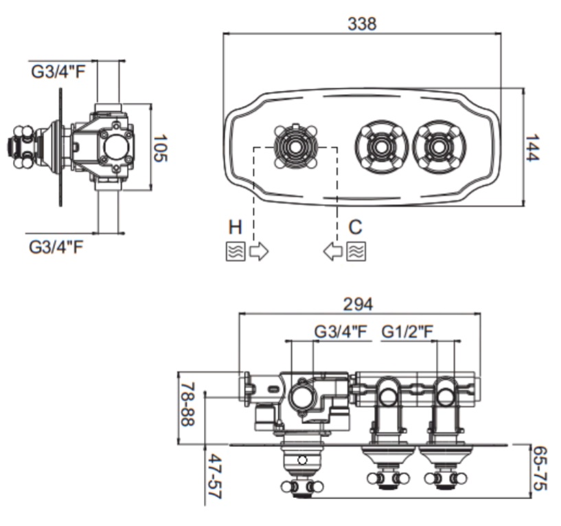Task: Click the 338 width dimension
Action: pos(362,24)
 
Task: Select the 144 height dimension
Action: pos(533,147)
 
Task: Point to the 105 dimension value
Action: pos(160,148)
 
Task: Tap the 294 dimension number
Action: pos(358,305)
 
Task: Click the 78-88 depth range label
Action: pos(187,404)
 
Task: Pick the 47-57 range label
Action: pos(215,476)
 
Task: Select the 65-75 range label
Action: pos(540,468)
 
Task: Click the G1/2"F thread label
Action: pos(407,332)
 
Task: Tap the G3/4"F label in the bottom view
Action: pos(341,332)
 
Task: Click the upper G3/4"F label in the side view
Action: pos(58,72)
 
